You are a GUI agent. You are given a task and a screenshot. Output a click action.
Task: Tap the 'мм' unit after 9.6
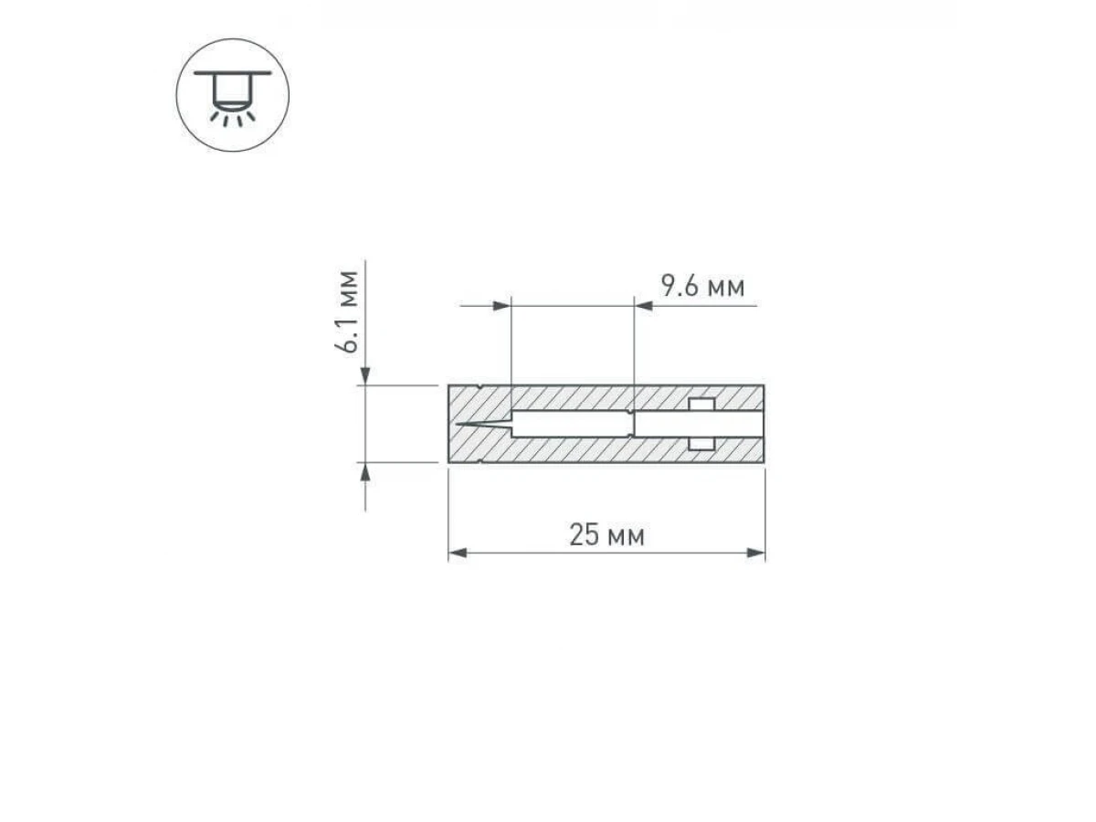726,289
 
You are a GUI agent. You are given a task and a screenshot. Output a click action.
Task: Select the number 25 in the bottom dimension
585,534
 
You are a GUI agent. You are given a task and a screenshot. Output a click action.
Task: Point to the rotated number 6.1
346,333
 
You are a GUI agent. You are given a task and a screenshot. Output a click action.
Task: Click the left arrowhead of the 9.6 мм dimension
501,305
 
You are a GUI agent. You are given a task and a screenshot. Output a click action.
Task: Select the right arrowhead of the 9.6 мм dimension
643,305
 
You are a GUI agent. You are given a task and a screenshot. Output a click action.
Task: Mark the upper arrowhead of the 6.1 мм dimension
365,375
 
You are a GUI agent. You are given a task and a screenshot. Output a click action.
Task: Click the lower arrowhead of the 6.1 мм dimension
365,471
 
